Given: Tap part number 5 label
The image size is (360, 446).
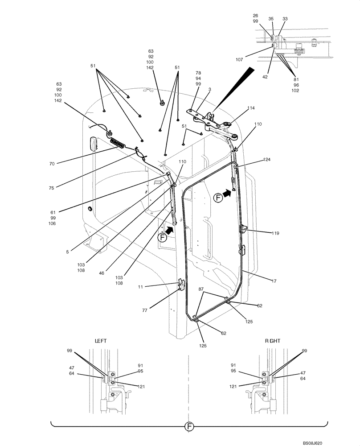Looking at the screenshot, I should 67,252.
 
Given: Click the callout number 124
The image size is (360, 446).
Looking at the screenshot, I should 266,159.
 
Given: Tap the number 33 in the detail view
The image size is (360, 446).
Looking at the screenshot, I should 285,19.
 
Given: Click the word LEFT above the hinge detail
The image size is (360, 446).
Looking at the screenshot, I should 101,340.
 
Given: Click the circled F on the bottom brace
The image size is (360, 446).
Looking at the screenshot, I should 189,427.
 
